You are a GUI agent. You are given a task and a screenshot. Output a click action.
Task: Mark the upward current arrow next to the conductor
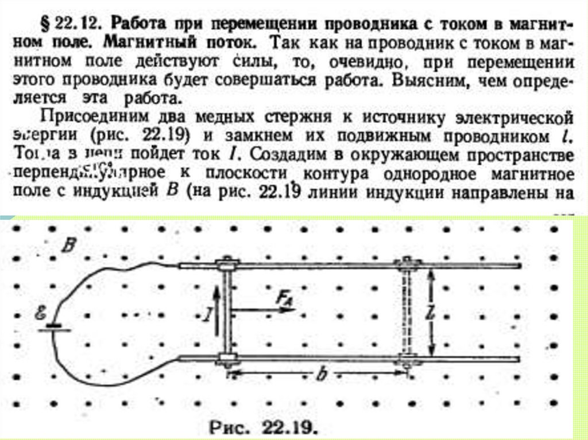(216, 313)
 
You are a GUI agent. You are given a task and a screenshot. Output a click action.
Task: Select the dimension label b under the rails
(322, 375)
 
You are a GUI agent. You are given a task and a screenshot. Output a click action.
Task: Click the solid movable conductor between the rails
(227, 313)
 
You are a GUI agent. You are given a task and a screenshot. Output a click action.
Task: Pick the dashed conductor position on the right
(408, 313)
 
